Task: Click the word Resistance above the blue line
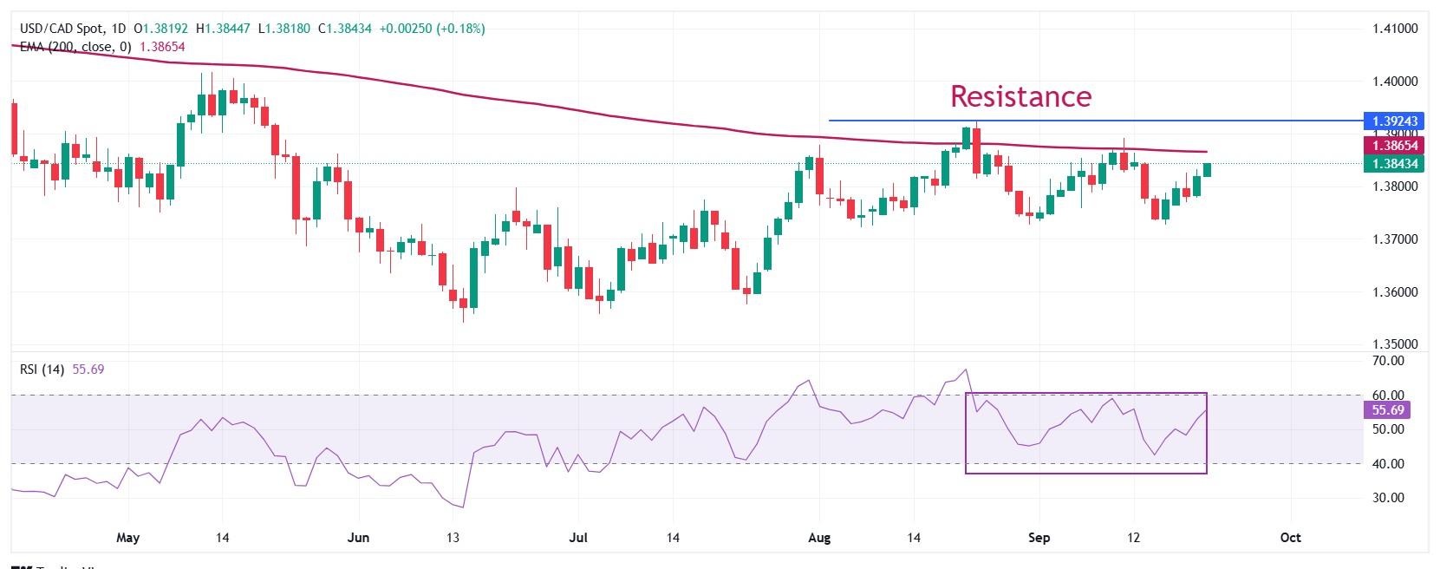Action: (1020, 96)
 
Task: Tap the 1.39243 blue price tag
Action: (1395, 121)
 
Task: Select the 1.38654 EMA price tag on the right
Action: (1395, 146)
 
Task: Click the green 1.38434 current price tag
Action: (1395, 164)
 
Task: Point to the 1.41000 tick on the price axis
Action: (1395, 29)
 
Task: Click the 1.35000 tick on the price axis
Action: (1395, 344)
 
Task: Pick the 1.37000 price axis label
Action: (1395, 239)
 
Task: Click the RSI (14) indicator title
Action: (42, 370)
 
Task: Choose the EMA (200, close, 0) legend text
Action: (75, 47)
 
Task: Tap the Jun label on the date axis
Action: (358, 538)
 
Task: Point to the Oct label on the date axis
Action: (1290, 538)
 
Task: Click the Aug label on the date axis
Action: (819, 538)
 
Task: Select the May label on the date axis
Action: (127, 538)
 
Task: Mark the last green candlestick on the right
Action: (1208, 169)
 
